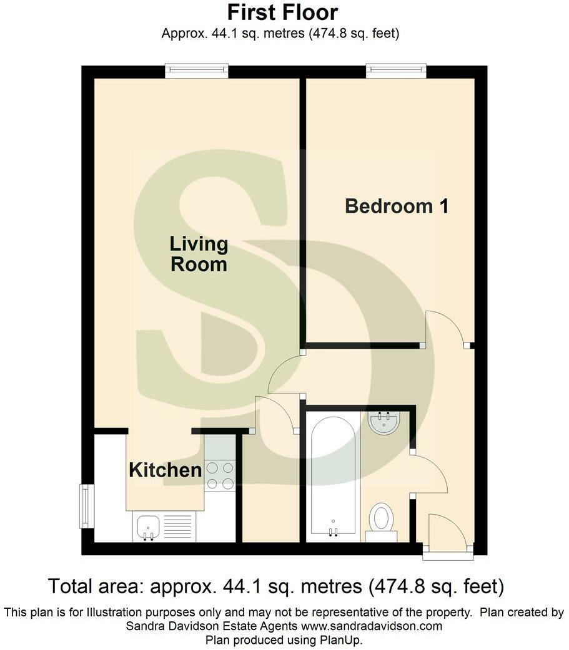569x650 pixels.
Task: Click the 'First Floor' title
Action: (x=282, y=12)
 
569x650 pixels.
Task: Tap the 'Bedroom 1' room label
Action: (x=397, y=206)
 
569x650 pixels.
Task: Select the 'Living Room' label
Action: (x=199, y=254)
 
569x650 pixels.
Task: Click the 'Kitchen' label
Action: (x=165, y=470)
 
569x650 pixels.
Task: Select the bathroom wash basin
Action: (x=385, y=422)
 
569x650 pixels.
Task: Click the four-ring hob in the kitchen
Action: (x=219, y=475)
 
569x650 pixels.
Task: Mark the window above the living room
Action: (x=196, y=72)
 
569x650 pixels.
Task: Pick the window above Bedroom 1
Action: (x=396, y=72)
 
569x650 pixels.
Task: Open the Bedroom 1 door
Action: (x=445, y=328)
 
